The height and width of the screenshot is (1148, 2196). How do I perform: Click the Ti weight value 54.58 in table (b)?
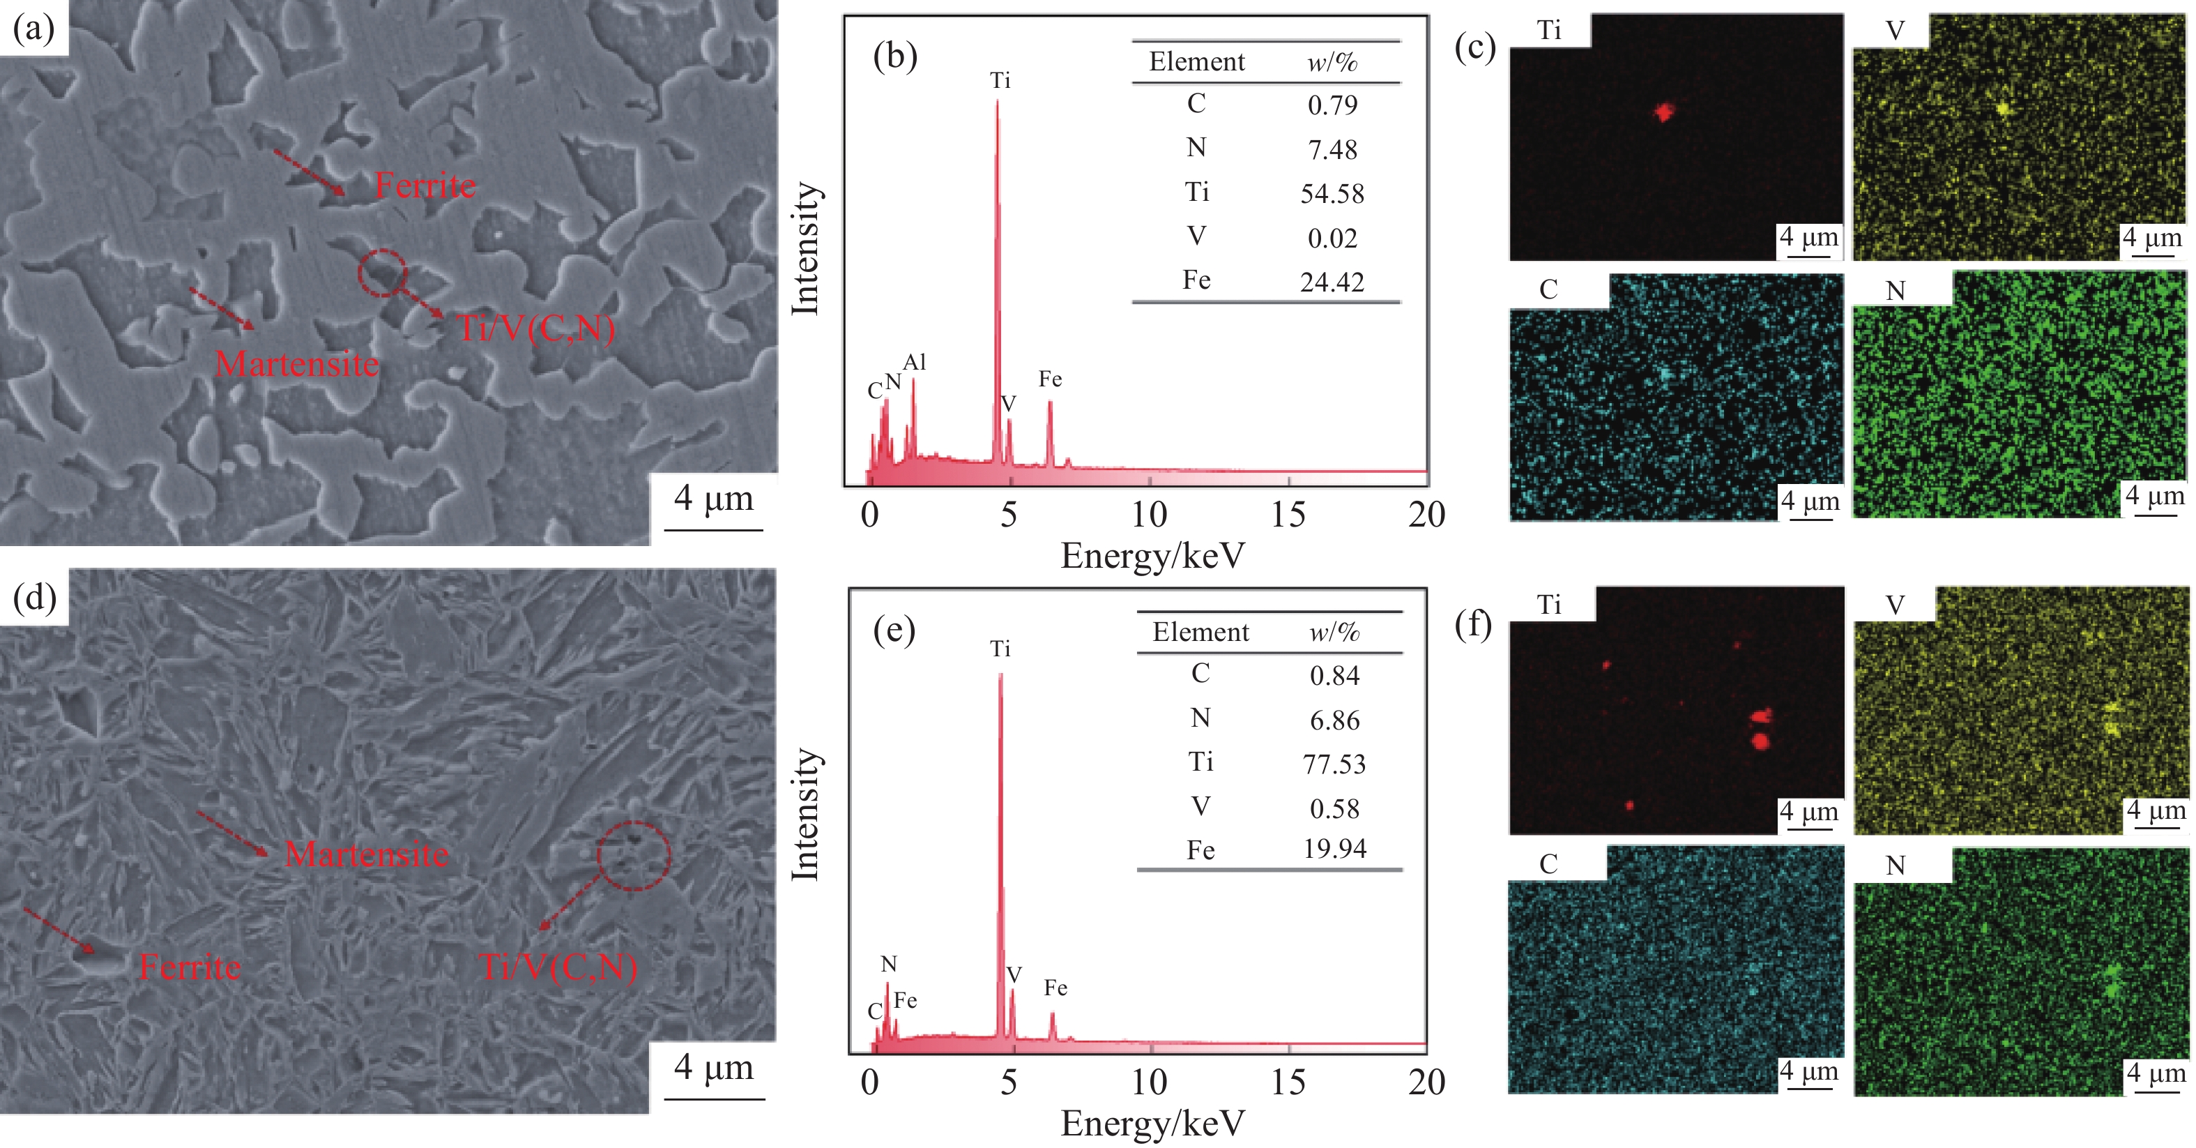[1332, 194]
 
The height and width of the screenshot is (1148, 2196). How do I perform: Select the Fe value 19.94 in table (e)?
[1334, 849]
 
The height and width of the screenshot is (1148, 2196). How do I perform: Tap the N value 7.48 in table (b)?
[1332, 149]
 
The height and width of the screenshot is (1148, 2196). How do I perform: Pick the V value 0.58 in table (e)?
[1334, 808]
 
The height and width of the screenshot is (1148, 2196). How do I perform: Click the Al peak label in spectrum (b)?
[914, 363]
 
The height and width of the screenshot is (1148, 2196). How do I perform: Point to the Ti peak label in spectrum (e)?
[1000, 649]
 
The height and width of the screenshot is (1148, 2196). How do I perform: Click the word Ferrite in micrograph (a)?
[425, 185]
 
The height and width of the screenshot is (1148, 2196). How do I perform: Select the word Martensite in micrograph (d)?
[367, 854]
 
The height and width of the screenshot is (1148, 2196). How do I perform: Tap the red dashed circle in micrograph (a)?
[382, 273]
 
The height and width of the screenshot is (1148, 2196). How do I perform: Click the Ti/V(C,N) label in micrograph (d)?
[558, 967]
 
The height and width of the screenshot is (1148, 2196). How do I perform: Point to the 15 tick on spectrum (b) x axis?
[1287, 514]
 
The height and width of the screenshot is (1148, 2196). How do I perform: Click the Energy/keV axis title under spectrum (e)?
[1152, 1124]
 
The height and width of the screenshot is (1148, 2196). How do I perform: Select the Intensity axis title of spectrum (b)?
[805, 248]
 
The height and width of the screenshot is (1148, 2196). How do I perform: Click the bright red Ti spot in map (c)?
[1663, 112]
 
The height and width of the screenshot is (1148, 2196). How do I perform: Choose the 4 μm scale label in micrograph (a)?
[714, 498]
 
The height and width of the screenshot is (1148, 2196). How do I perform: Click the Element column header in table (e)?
[1200, 632]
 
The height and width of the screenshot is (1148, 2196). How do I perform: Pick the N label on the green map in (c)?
[1895, 291]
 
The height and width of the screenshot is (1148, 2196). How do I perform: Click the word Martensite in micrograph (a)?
[297, 364]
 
